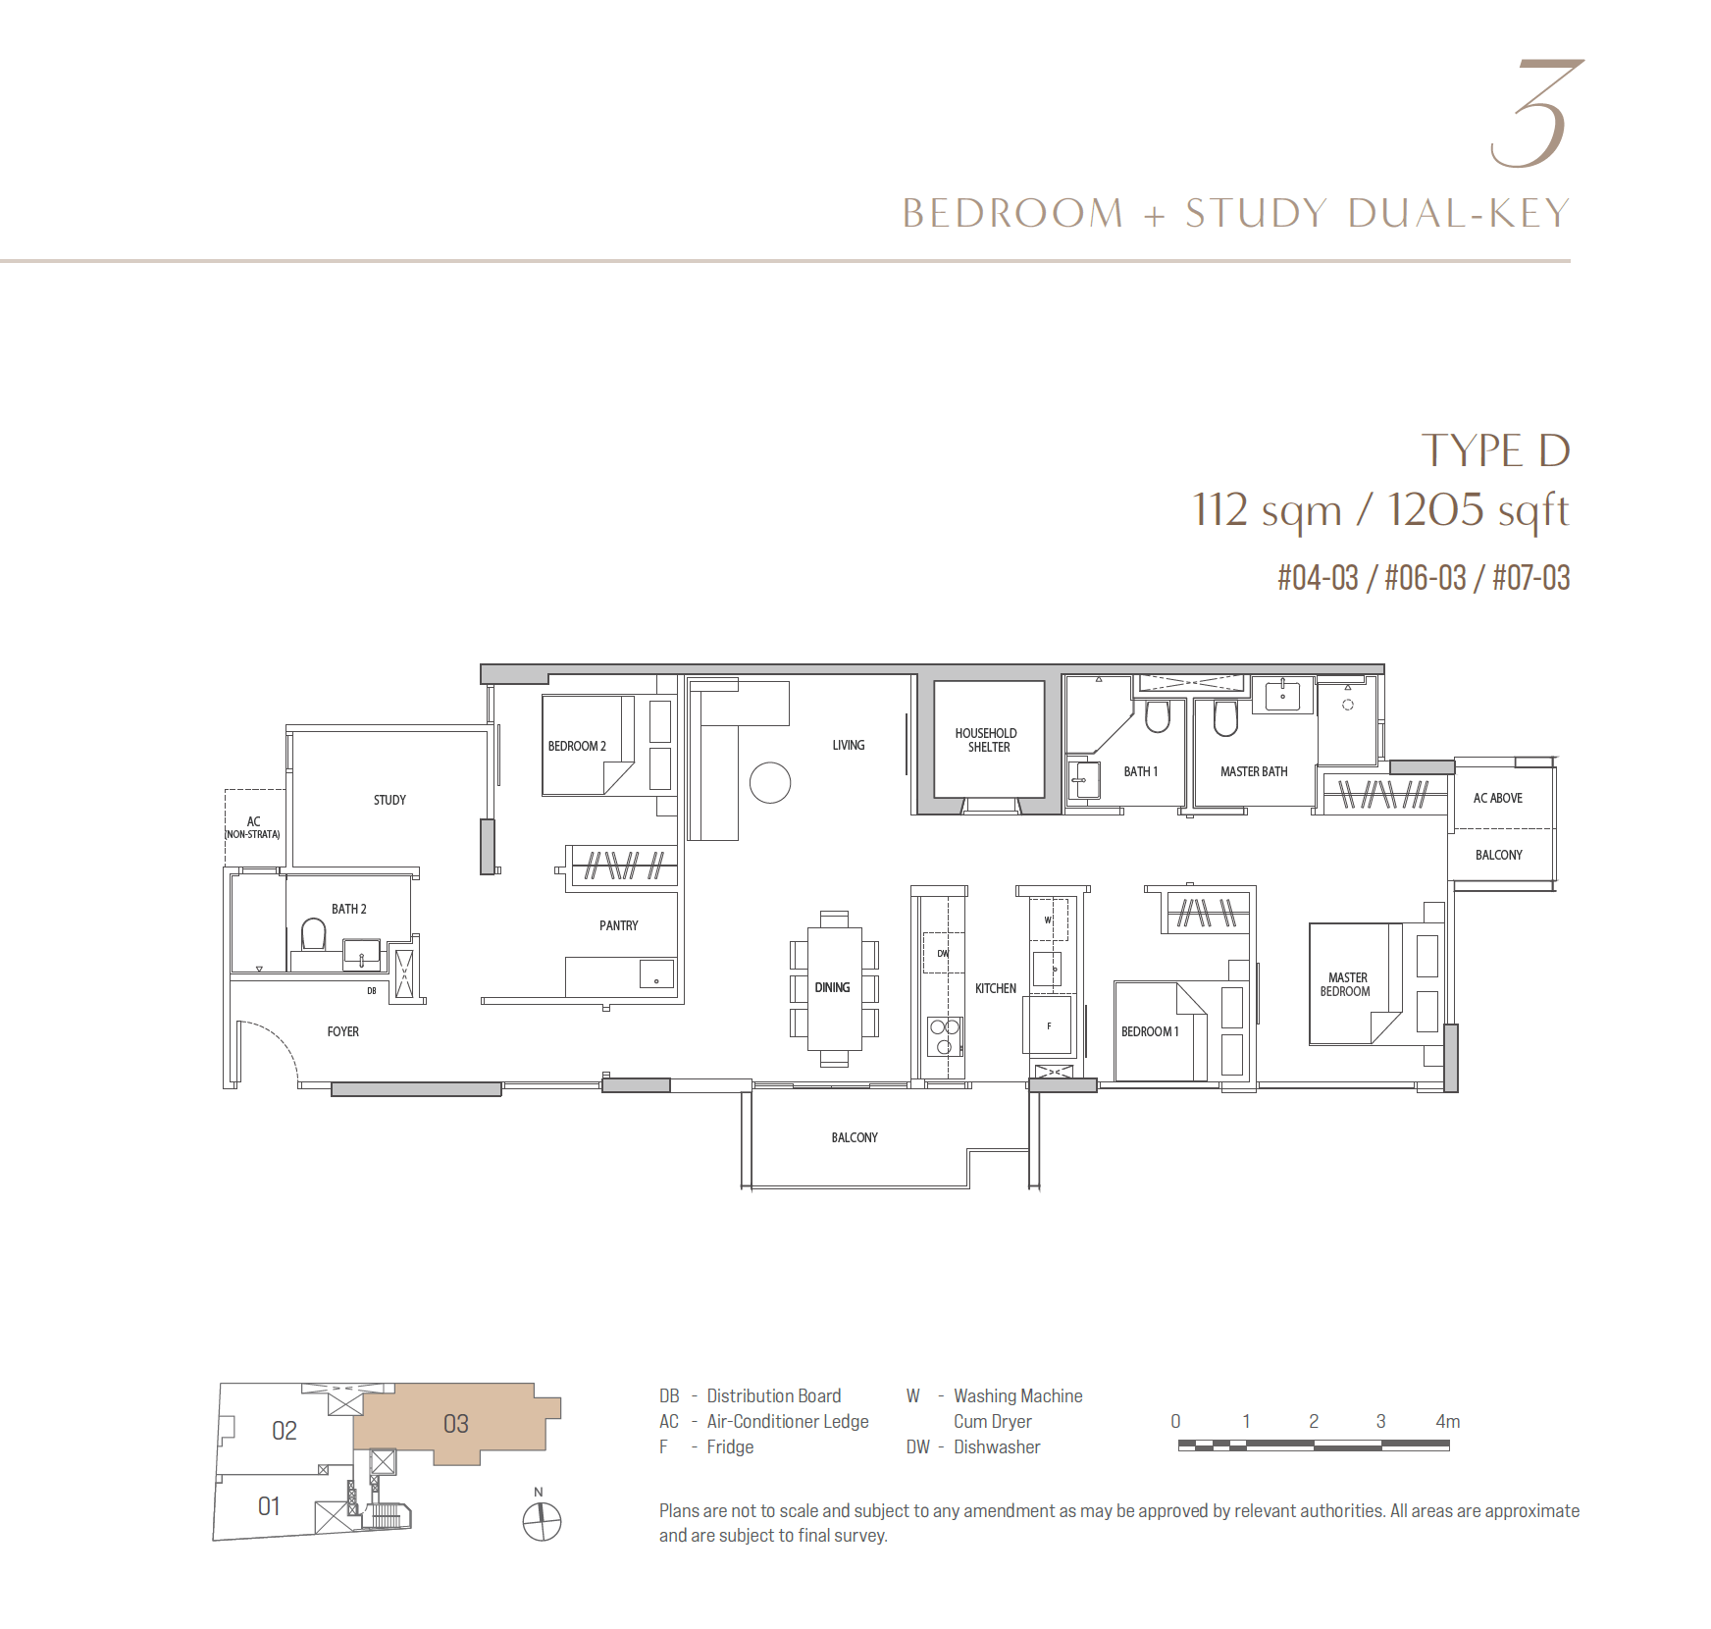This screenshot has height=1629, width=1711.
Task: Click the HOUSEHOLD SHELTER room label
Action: [x=986, y=740]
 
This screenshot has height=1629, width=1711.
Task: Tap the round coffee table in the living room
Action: [x=770, y=783]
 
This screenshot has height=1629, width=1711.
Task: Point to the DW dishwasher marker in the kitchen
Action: [x=943, y=953]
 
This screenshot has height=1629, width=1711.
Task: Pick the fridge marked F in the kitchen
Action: [x=1049, y=1025]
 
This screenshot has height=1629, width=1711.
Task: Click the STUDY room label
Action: [x=389, y=800]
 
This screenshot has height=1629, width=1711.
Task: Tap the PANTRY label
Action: [x=618, y=925]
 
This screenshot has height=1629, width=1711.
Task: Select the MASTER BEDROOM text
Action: [x=1346, y=984]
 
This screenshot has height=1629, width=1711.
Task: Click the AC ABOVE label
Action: [x=1498, y=798]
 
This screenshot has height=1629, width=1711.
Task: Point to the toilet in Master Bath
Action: [x=1225, y=717]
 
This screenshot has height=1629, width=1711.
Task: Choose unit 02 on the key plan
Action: [x=285, y=1431]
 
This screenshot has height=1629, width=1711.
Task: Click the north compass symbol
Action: [x=542, y=1521]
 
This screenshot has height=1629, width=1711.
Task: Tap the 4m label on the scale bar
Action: [x=1448, y=1421]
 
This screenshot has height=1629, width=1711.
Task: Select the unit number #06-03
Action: [x=1426, y=578]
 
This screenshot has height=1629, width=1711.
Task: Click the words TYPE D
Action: [x=1496, y=450]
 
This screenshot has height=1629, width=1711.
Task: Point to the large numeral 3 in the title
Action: [x=1536, y=114]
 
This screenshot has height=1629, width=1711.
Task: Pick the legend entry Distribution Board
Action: [x=774, y=1395]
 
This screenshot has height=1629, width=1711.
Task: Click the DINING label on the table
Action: [x=832, y=987]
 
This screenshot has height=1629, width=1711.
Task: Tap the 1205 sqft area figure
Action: [x=1478, y=510]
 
